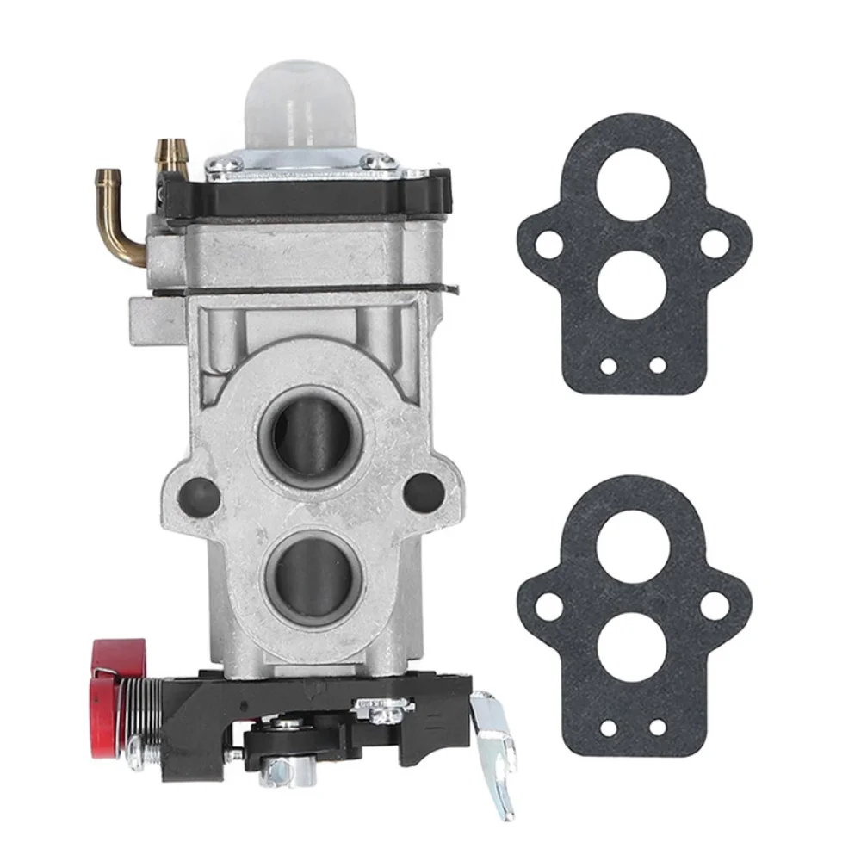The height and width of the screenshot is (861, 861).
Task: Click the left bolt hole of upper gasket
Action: (543, 245)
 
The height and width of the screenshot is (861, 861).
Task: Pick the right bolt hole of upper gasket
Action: (713, 244)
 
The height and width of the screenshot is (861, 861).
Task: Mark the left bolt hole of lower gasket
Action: (544, 606)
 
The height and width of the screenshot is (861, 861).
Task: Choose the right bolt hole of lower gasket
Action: (714, 605)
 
